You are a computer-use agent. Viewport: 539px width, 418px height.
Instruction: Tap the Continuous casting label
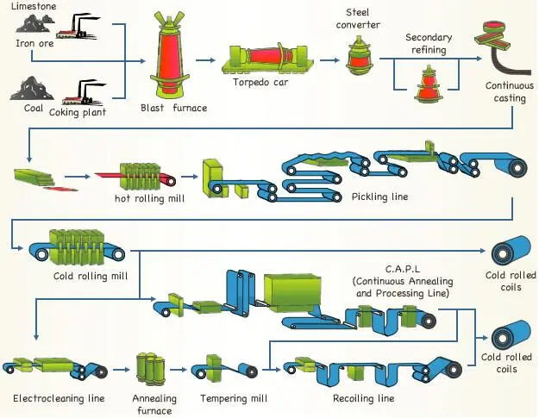[x=509, y=92]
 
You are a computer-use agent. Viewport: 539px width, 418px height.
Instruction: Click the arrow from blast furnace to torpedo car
[x=204, y=60]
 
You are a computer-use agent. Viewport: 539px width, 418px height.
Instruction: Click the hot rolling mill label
[x=148, y=197]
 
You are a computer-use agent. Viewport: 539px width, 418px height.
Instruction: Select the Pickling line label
[x=379, y=197]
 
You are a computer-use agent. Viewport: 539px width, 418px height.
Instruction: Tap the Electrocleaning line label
[x=59, y=398]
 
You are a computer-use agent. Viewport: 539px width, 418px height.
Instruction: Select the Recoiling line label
[x=363, y=398]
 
